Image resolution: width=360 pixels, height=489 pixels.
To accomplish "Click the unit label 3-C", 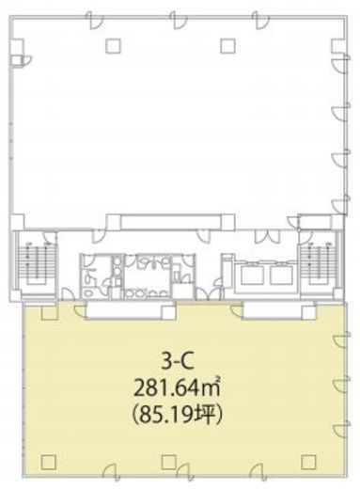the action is coord(178,363).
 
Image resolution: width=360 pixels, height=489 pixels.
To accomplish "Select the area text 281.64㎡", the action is coord(177,389).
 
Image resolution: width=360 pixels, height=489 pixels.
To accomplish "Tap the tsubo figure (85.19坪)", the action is coord(178,416).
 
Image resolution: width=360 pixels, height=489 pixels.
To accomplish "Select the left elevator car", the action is coord(253,276).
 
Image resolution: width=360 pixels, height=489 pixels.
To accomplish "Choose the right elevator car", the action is coord(282,276).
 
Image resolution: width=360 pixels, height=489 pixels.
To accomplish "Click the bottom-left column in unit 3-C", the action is coord(49,462).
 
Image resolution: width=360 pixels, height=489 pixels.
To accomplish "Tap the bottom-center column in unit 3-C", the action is coord(169,462).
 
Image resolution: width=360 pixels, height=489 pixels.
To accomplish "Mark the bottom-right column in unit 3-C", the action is coord(309,462).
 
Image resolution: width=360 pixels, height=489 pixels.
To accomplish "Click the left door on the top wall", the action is coord(95,21).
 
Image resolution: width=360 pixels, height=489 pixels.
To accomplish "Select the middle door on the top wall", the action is coord(179,21).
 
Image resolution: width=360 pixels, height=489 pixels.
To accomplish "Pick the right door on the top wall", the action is coord(260,21).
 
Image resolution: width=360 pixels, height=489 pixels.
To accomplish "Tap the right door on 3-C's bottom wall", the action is coord(259,472).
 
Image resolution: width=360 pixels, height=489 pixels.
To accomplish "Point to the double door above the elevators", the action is coord(267,237).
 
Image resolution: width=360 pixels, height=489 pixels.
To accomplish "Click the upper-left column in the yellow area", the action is coord(50,312).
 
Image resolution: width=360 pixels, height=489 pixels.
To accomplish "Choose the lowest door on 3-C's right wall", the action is coord(341,429).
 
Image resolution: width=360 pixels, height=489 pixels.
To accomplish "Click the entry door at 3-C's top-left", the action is coord(79,308).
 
